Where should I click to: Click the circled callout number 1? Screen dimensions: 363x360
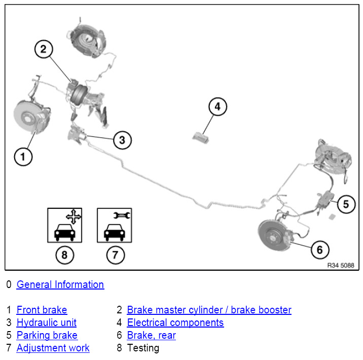[23, 157]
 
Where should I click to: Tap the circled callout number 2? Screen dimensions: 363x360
[44, 49]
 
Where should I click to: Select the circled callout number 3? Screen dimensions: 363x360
[122, 140]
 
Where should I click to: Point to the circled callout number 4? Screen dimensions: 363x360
[217, 106]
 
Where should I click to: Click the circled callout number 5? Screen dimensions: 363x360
[346, 204]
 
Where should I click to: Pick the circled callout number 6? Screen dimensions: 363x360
[320, 249]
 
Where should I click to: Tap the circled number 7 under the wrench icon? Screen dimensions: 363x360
[115, 255]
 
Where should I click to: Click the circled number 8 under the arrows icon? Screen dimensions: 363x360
[64, 255]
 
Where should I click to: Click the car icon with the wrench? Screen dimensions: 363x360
[115, 225]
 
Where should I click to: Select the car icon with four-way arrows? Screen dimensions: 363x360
[64, 225]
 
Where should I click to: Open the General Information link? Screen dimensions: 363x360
[60, 284]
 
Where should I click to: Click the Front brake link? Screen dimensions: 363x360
[42, 310]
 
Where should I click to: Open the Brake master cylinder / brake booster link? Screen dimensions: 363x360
[209, 310]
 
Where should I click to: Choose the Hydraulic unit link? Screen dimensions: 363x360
[46, 322]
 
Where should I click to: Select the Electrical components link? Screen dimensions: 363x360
[175, 322]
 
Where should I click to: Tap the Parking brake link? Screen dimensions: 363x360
[47, 335]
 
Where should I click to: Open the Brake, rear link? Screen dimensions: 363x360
[152, 335]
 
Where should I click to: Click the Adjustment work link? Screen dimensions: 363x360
[53, 348]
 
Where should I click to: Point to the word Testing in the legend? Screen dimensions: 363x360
[143, 348]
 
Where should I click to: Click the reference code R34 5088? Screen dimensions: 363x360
[341, 265]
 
